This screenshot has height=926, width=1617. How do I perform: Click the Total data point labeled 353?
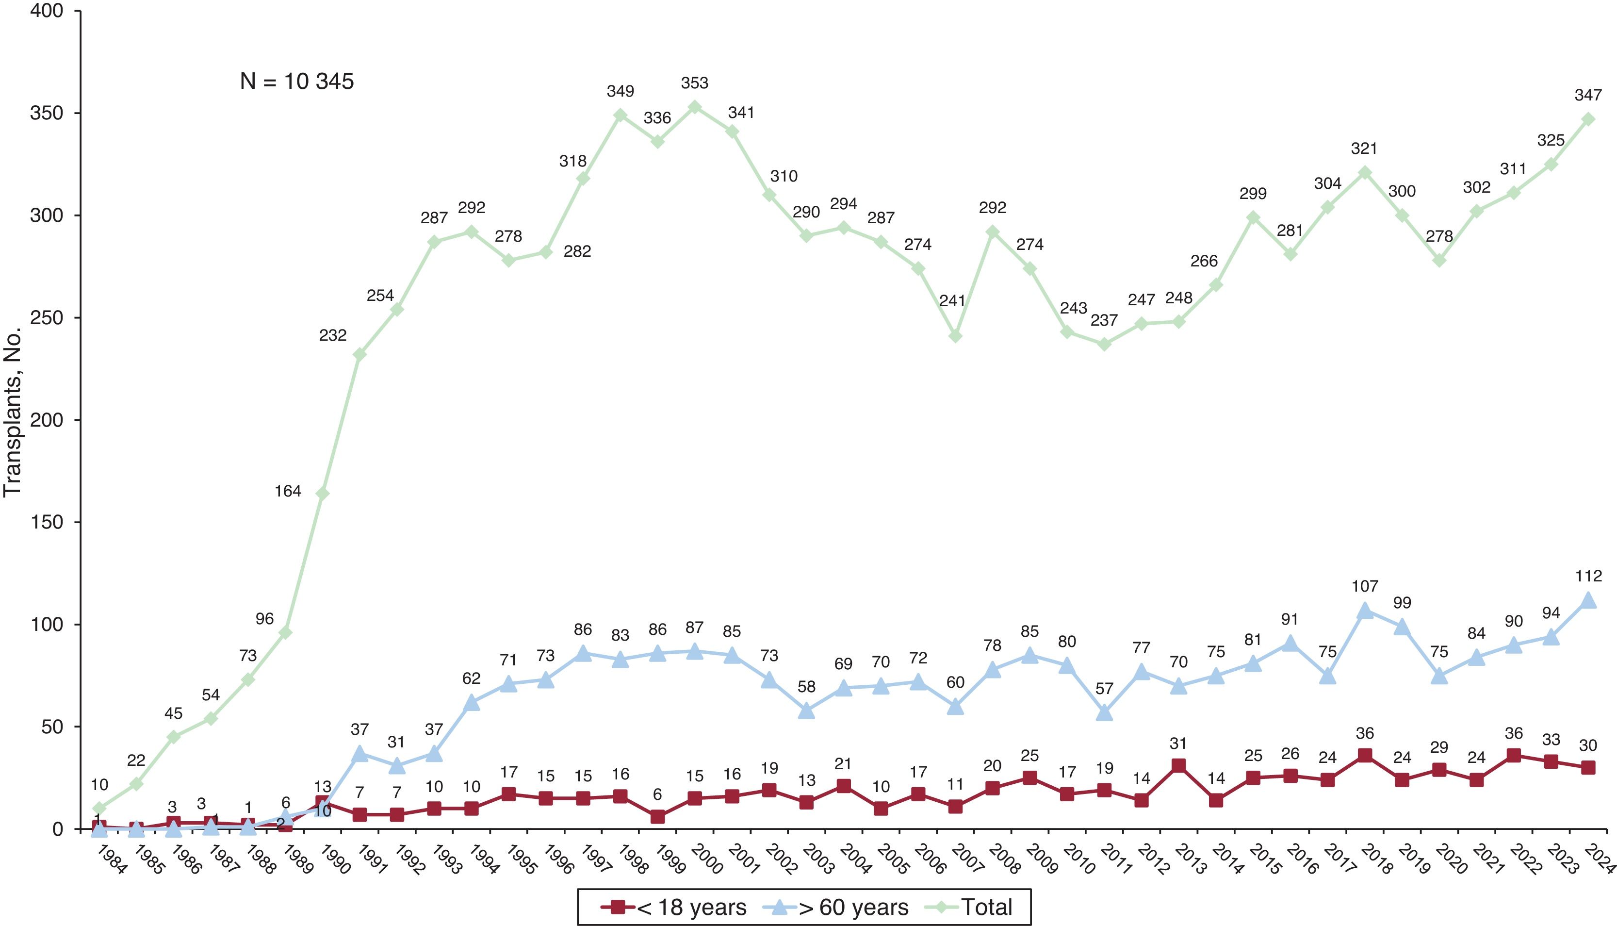(x=695, y=107)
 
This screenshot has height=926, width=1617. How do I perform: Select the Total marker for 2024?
(x=1588, y=119)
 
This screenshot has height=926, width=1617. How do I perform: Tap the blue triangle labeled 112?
(x=1588, y=600)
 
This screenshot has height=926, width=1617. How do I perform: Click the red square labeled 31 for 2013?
(x=1178, y=765)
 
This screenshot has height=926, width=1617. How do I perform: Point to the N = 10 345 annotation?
(x=296, y=82)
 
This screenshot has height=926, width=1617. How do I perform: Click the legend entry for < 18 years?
(x=674, y=907)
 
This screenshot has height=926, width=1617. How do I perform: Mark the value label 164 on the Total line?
(x=287, y=491)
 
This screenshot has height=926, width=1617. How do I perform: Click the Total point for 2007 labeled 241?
(x=955, y=336)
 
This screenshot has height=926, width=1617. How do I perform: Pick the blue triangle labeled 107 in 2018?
(x=1365, y=611)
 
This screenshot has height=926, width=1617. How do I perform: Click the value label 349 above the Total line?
(x=621, y=91)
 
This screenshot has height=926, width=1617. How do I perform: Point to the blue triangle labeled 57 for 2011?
(x=1104, y=713)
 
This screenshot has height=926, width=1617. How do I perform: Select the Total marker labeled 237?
(x=1104, y=344)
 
